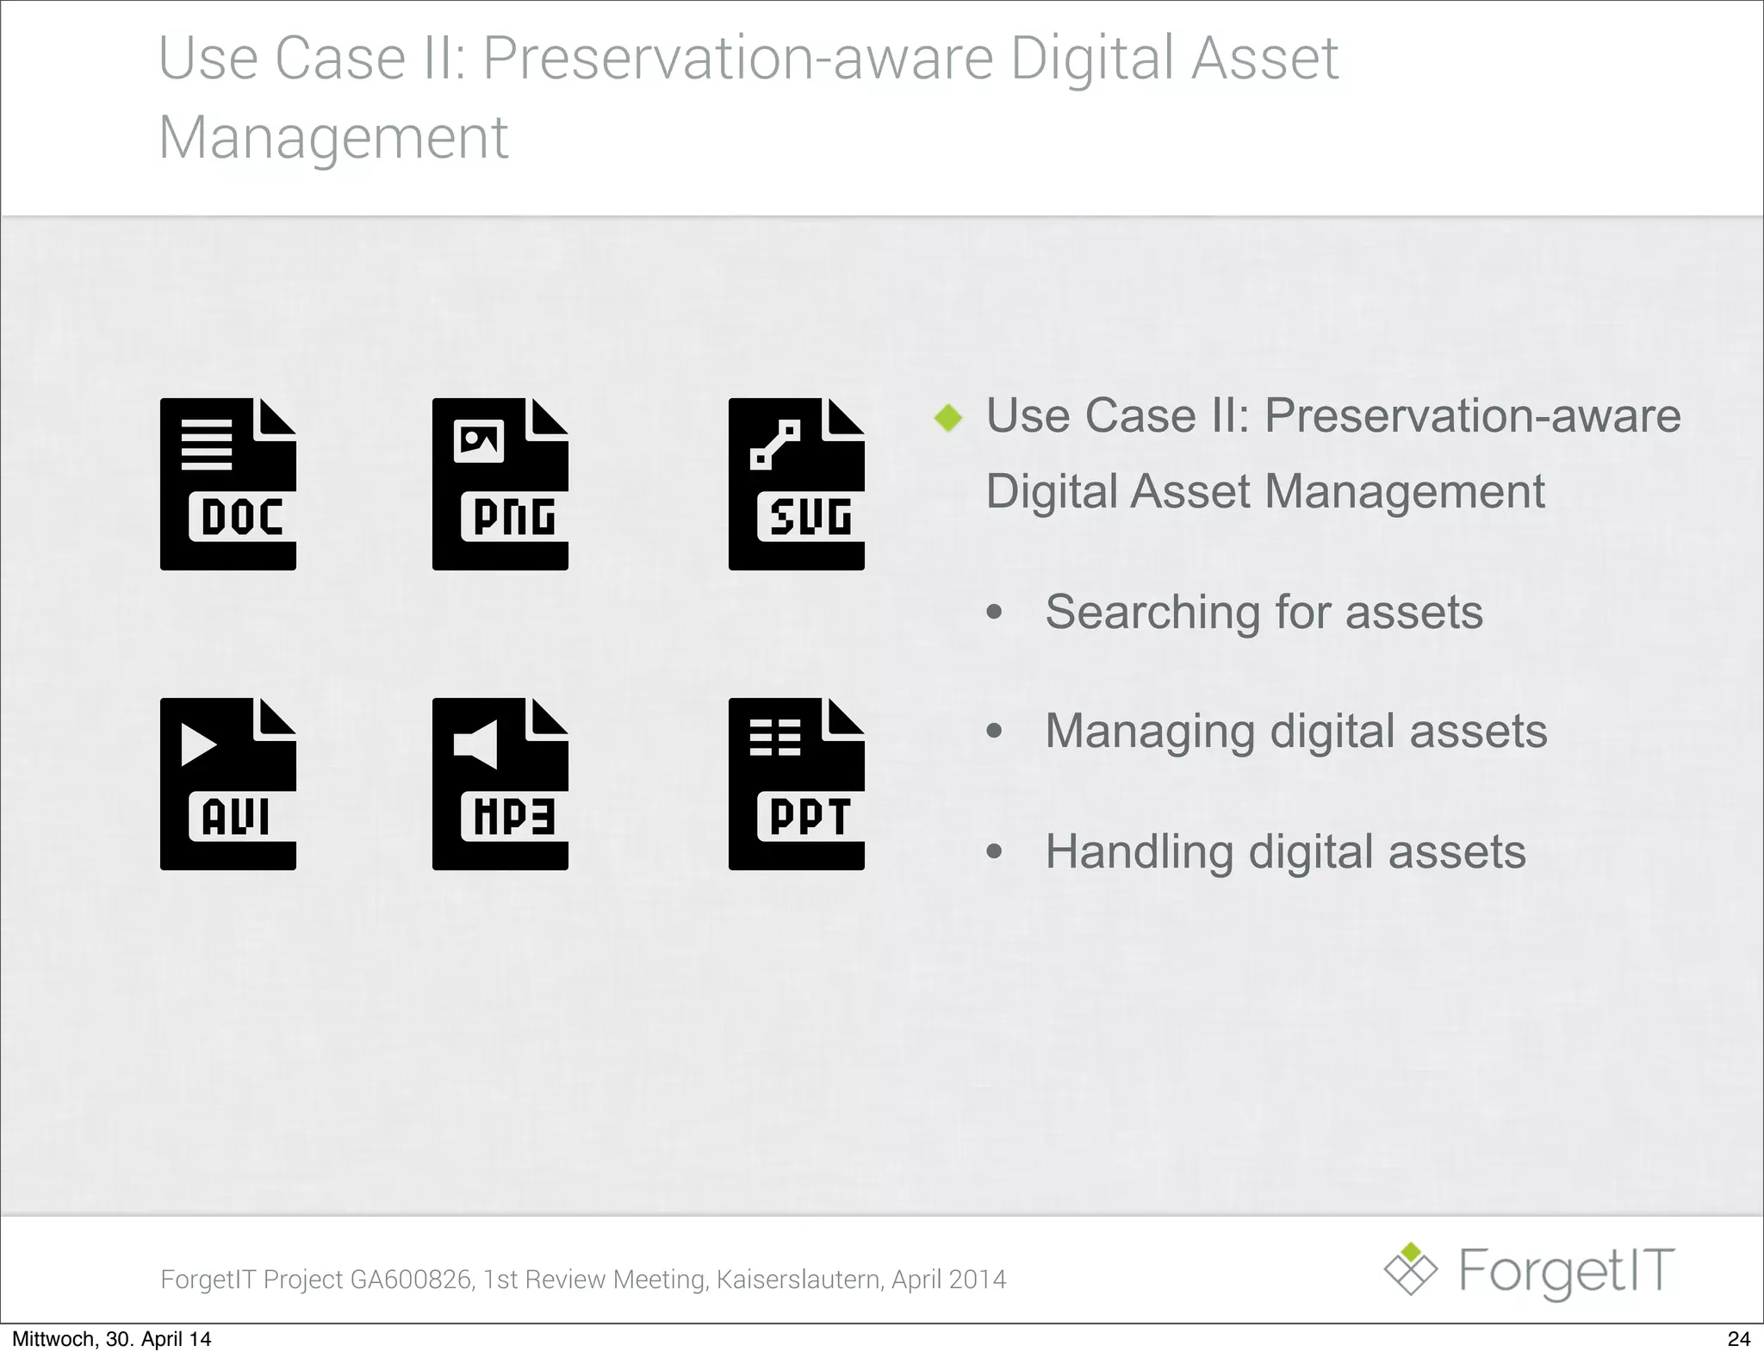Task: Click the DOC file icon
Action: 227,484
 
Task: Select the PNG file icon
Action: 500,484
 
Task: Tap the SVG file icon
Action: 796,484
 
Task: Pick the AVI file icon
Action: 227,784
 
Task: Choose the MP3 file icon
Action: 500,784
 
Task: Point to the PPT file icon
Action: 796,784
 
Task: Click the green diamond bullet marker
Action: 948,418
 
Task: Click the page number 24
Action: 1738,1339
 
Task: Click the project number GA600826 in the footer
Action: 411,1280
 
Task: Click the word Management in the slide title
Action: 333,138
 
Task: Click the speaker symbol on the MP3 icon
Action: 476,743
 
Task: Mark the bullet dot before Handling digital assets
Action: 995,852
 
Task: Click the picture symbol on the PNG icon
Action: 478,441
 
